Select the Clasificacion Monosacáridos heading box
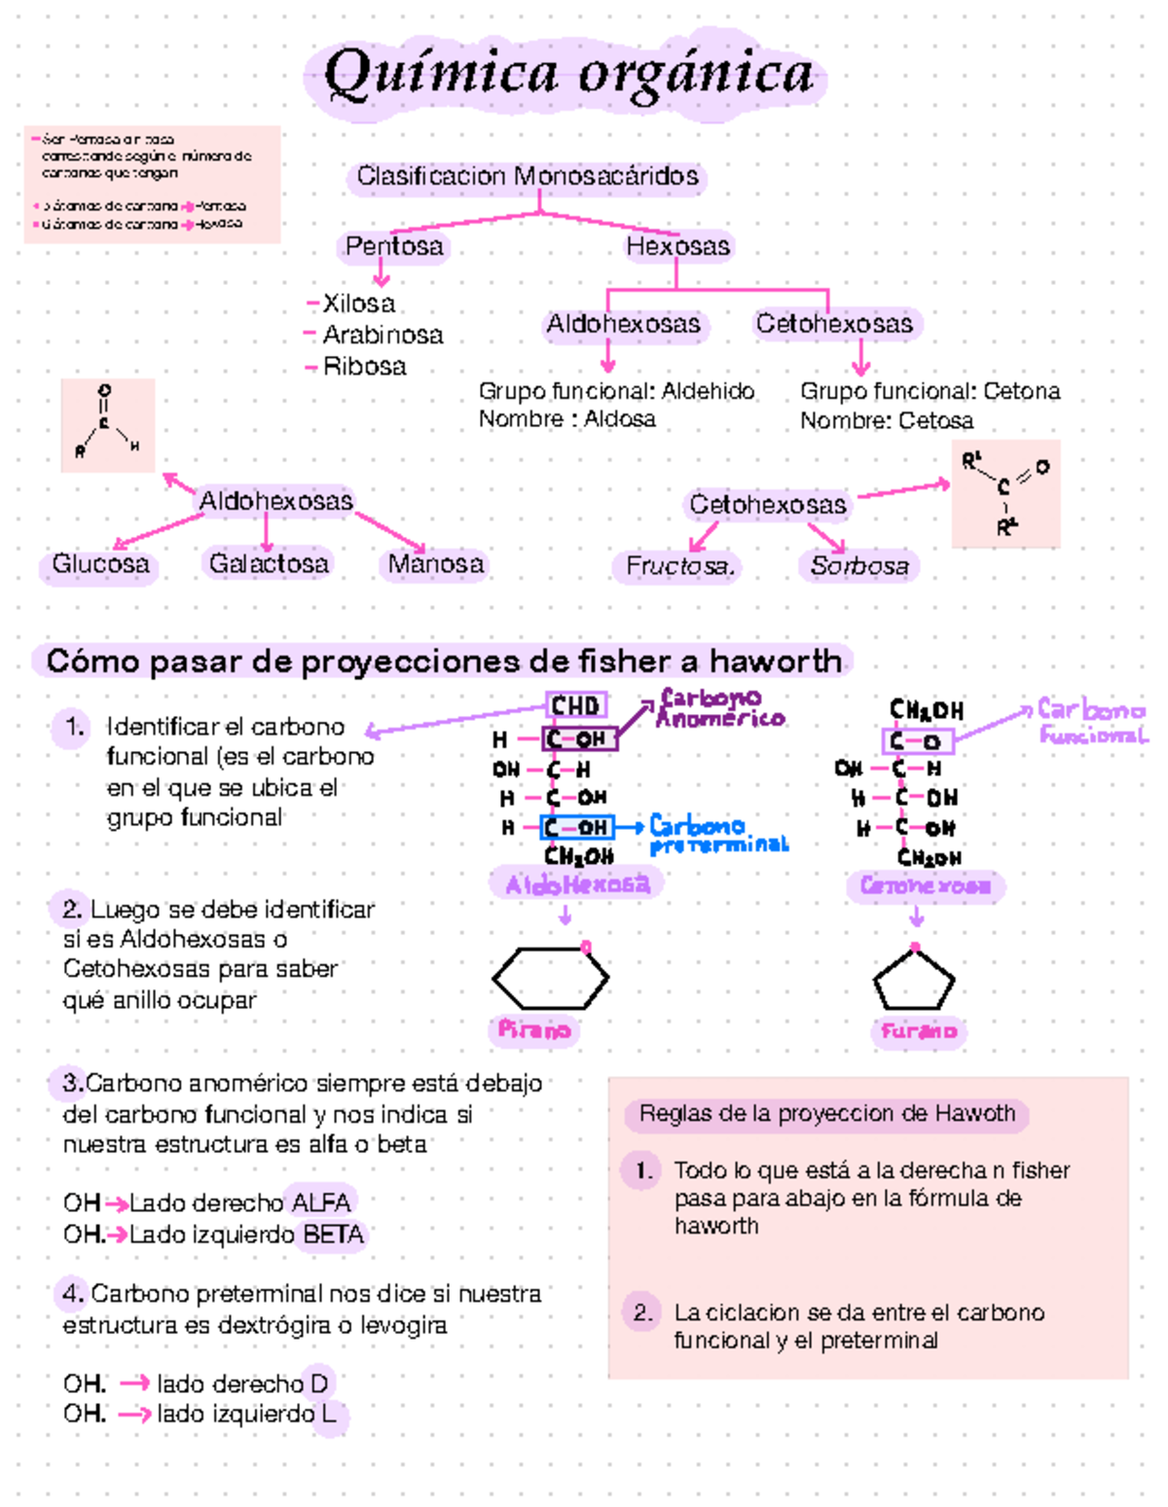(x=527, y=176)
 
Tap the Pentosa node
(x=394, y=246)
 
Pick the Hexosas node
(x=677, y=246)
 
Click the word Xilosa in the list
(x=358, y=304)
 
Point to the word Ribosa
(x=364, y=367)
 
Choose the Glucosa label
(x=100, y=564)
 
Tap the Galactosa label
(x=269, y=563)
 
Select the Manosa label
(x=435, y=564)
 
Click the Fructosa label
(x=678, y=566)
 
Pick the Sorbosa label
(x=859, y=566)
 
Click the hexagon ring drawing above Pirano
(x=551, y=977)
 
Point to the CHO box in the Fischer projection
(x=576, y=705)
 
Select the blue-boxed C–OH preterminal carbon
(x=577, y=828)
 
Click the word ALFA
(x=321, y=1203)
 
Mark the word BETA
(x=333, y=1236)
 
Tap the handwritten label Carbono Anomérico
(x=720, y=708)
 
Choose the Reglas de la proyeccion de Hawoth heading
(x=826, y=1114)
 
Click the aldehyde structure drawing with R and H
(x=107, y=425)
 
